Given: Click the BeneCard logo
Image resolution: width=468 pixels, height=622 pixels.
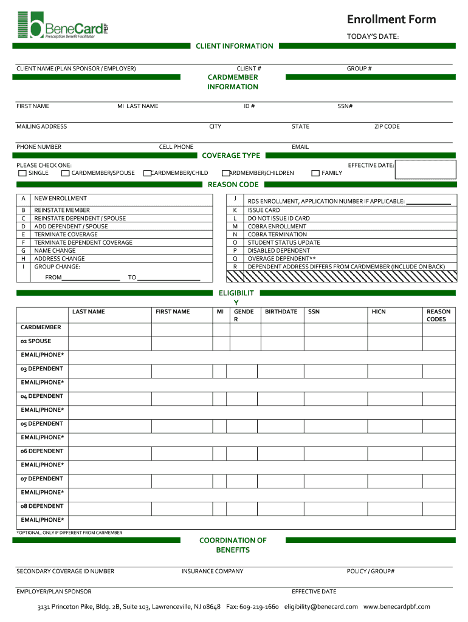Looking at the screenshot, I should [63, 26].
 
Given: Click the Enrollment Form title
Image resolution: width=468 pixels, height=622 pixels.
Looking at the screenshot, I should [391, 19].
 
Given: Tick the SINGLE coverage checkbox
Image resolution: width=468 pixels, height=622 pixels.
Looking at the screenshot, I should [22, 173].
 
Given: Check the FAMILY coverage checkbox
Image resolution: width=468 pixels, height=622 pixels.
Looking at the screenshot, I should [315, 173].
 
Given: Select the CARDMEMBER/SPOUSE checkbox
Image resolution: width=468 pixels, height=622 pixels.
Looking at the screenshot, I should [66, 173].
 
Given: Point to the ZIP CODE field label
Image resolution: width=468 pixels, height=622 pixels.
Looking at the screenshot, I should [387, 126].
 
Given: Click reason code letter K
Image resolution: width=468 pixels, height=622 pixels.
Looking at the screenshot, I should [235, 210].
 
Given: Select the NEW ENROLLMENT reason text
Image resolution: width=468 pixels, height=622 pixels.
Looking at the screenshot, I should [60, 198].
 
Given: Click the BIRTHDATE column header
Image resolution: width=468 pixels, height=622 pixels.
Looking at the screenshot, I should [281, 312].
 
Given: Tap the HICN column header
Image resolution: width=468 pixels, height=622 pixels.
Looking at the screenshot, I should [379, 312].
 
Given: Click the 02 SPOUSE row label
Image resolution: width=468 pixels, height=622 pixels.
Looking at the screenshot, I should [36, 341].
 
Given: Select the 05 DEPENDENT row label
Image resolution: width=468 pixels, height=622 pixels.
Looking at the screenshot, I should [41, 423].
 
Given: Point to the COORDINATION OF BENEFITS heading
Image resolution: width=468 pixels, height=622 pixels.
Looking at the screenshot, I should [233, 545].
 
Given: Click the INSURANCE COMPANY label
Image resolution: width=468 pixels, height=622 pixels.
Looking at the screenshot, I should [212, 571].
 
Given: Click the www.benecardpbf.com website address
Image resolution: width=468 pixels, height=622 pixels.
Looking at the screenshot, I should [396, 606].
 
